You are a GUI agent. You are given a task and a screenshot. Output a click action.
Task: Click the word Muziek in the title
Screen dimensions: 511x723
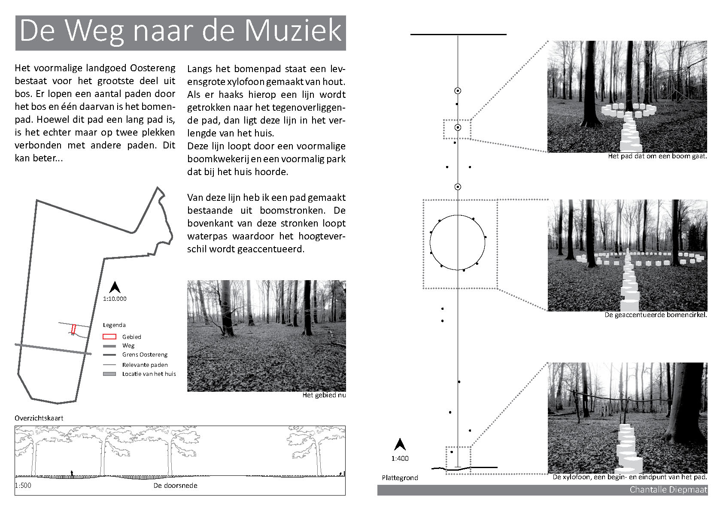293,31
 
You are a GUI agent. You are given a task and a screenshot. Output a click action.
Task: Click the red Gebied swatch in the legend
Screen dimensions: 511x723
109,337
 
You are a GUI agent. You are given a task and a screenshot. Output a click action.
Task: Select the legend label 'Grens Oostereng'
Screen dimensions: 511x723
145,355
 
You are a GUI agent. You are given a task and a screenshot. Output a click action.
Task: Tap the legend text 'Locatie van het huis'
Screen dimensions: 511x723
149,374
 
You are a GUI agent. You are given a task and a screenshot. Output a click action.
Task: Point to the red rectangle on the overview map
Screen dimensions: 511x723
73,329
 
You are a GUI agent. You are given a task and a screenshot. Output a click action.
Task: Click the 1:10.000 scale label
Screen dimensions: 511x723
115,299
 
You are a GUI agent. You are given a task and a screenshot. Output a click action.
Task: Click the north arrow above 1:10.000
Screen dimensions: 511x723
115,287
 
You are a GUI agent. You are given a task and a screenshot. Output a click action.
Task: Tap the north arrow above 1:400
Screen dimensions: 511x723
400,444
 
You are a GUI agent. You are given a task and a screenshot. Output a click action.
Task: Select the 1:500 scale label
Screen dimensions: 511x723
23,486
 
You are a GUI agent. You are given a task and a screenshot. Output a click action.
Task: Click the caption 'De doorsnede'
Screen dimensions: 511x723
175,486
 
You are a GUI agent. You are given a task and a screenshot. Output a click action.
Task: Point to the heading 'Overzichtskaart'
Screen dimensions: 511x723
39,418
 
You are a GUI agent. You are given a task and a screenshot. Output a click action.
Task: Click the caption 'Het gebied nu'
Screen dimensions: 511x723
324,395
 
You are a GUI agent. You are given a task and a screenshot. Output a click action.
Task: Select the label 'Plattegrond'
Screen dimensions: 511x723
400,478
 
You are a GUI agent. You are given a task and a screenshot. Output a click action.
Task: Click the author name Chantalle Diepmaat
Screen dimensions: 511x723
668,490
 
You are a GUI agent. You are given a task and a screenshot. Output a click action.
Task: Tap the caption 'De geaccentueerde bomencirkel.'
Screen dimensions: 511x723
656,315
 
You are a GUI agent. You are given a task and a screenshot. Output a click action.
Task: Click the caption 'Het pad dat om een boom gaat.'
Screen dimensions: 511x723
657,156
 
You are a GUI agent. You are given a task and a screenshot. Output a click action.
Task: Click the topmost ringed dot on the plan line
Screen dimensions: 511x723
458,91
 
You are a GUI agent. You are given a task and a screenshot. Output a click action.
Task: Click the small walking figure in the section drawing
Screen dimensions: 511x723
72,473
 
